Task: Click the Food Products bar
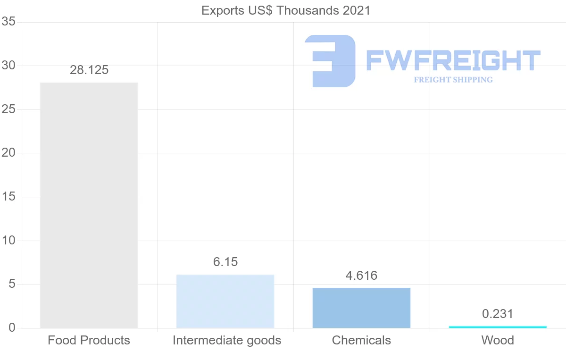click(89, 205)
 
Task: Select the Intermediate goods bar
click(225, 301)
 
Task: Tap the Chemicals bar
click(361, 308)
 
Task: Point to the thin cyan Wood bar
click(498, 327)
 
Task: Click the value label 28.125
click(89, 70)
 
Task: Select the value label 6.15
click(225, 262)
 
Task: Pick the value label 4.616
click(361, 276)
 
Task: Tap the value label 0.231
click(498, 314)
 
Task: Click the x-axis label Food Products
click(89, 340)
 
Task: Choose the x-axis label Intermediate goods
click(227, 340)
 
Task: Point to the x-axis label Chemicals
click(361, 340)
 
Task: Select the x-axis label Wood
click(498, 340)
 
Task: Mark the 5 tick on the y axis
click(12, 285)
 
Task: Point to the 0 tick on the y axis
click(12, 328)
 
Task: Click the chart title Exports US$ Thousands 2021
click(286, 10)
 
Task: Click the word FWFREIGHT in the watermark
click(453, 61)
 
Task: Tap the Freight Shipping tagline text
click(453, 80)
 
